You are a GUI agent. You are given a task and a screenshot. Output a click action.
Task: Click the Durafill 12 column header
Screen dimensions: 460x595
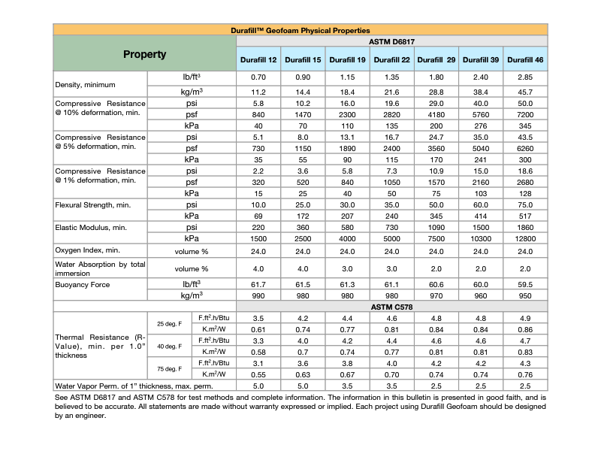258,59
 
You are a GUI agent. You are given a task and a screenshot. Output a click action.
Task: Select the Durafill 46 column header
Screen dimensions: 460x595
525,59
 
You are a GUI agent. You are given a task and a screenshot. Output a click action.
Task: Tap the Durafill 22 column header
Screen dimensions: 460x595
392,59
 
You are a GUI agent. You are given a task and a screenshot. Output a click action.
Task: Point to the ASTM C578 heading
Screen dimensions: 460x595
392,307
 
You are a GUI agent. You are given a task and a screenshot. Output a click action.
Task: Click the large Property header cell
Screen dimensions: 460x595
144,54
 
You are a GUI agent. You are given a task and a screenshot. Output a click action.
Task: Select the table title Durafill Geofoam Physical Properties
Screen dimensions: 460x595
300,29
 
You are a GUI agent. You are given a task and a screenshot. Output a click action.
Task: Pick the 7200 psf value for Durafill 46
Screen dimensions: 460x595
525,113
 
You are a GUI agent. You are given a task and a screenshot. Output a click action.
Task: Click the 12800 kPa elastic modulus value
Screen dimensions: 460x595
525,238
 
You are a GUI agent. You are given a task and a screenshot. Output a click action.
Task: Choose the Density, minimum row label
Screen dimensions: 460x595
83,84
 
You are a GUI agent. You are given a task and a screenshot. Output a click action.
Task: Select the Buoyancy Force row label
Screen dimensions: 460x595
83,286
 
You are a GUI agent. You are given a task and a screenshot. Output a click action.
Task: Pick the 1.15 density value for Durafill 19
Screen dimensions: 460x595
348,77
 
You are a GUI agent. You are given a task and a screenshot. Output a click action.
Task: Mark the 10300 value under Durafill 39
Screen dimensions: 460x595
481,238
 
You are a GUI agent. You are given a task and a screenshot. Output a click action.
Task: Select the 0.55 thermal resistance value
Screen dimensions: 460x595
258,374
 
